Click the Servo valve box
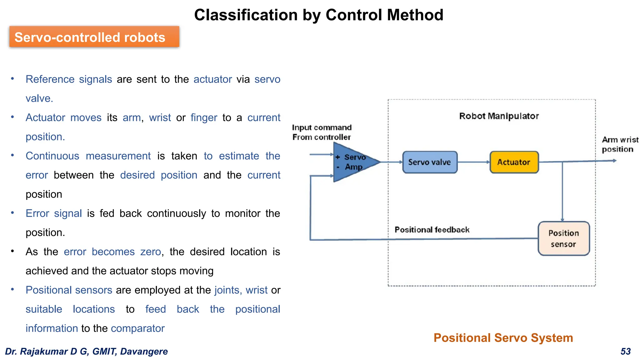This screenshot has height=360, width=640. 430,162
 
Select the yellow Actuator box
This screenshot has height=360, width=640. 514,162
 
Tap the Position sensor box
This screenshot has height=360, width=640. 563,238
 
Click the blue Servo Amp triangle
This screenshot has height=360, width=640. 350,162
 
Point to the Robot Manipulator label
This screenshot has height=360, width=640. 499,116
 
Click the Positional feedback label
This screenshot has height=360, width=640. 432,230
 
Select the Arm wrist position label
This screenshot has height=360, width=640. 620,144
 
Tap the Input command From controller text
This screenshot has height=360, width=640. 322,132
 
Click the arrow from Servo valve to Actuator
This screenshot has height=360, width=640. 473,162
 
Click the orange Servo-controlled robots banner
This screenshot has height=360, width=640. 94,37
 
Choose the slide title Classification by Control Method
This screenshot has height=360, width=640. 319,15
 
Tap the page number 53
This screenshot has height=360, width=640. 625,351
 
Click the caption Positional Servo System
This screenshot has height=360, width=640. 503,338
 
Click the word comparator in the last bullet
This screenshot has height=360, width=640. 137,328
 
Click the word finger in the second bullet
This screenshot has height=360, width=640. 204,118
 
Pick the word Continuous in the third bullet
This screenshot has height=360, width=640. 52,156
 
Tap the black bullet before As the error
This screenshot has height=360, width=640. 12,251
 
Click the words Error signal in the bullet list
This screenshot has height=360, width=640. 53,213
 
